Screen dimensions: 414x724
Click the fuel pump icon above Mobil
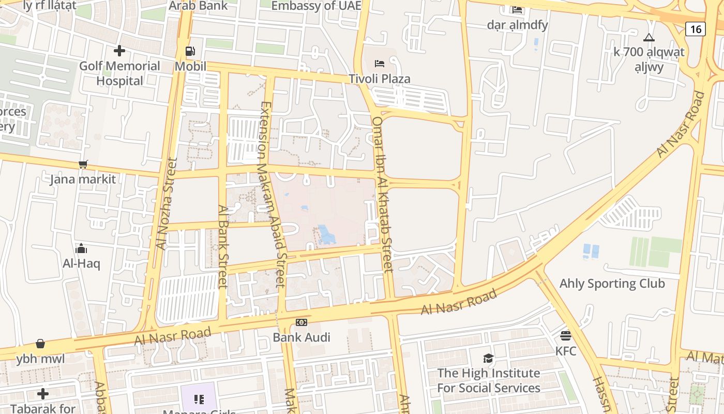pyautogui.click(x=190, y=51)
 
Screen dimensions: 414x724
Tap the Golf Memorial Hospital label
pyautogui.click(x=119, y=73)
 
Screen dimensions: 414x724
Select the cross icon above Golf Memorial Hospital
pyautogui.click(x=119, y=51)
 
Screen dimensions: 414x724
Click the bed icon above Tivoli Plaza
pyautogui.click(x=380, y=64)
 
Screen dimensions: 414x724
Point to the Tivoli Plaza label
pyautogui.click(x=380, y=79)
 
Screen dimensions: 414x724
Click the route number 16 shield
pyautogui.click(x=696, y=29)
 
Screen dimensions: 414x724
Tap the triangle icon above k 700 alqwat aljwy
pyautogui.click(x=648, y=37)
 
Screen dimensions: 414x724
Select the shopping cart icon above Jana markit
pyautogui.click(x=83, y=165)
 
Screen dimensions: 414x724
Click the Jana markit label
pyautogui.click(x=83, y=179)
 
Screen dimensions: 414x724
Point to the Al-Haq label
pyautogui.click(x=81, y=263)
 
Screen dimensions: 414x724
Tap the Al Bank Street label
pyautogui.click(x=223, y=246)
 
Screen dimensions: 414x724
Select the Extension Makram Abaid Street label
pyautogui.click(x=273, y=194)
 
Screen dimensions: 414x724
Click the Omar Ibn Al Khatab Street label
pyautogui.click(x=383, y=194)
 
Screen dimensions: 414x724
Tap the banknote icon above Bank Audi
pyautogui.click(x=301, y=322)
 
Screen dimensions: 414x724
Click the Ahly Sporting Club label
pyautogui.click(x=612, y=284)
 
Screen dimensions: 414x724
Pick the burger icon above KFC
pyautogui.click(x=566, y=336)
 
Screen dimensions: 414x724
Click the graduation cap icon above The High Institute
pyautogui.click(x=488, y=358)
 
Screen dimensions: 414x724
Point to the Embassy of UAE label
pyautogui.click(x=316, y=6)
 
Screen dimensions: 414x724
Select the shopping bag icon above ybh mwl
pyautogui.click(x=40, y=344)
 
